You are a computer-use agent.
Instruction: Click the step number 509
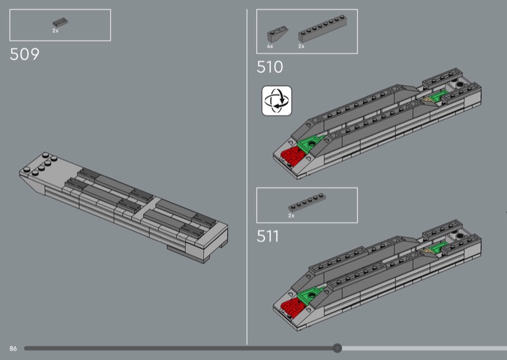pyautogui.click(x=25, y=54)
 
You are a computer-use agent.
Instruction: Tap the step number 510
pyautogui.click(x=270, y=67)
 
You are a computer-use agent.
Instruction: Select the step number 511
pyautogui.click(x=267, y=236)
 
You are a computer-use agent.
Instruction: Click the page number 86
pyautogui.click(x=13, y=349)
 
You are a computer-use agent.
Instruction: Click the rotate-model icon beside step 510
pyautogui.click(x=277, y=101)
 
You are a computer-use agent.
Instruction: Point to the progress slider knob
pyautogui.click(x=337, y=348)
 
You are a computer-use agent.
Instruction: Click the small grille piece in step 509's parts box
pyautogui.click(x=60, y=23)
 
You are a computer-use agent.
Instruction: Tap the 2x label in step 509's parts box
pyautogui.click(x=56, y=30)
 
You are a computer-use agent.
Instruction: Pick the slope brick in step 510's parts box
pyautogui.click(x=278, y=35)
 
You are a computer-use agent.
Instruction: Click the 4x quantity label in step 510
pyautogui.click(x=270, y=46)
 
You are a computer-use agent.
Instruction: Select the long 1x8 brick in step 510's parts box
pyautogui.click(x=323, y=29)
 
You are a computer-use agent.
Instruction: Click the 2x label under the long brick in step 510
pyautogui.click(x=302, y=46)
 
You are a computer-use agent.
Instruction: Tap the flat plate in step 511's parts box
pyautogui.click(x=307, y=203)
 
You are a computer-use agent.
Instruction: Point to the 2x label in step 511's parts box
pyautogui.click(x=292, y=215)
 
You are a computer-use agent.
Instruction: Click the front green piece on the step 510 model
pyautogui.click(x=309, y=144)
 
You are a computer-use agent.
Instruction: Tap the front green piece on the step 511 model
pyautogui.click(x=309, y=294)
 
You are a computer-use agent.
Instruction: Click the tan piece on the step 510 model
pyautogui.click(x=428, y=101)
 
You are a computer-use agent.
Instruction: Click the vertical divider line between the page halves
pyautogui.click(x=247, y=177)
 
